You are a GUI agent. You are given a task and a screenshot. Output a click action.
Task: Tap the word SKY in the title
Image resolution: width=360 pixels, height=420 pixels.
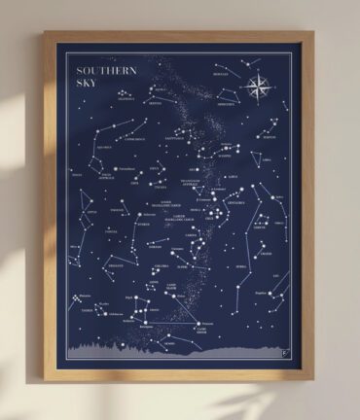(77, 84)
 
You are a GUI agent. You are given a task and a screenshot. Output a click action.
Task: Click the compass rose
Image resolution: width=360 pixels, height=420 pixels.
(259, 89)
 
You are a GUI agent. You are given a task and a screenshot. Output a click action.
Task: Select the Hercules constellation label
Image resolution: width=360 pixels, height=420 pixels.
(223, 72)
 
